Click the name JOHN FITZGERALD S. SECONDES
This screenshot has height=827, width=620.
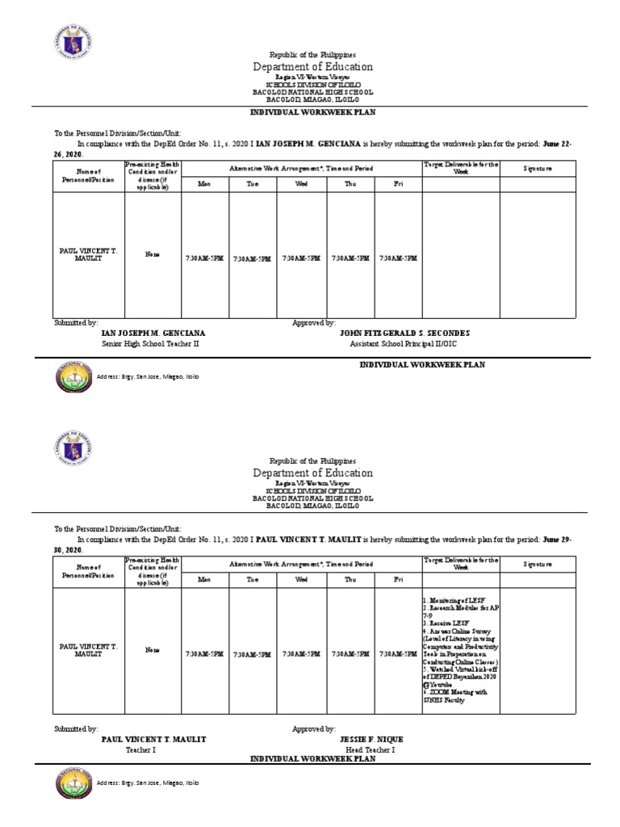point(404,333)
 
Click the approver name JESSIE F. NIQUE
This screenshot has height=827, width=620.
point(371,739)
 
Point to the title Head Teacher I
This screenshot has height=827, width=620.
point(371,749)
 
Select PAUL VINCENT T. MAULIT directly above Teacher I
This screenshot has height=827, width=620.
point(153,739)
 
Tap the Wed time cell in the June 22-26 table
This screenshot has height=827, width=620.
point(301,258)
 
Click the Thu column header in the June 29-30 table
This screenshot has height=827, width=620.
point(350,579)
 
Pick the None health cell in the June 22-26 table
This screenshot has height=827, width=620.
point(152,254)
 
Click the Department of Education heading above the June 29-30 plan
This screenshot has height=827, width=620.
point(313,472)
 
